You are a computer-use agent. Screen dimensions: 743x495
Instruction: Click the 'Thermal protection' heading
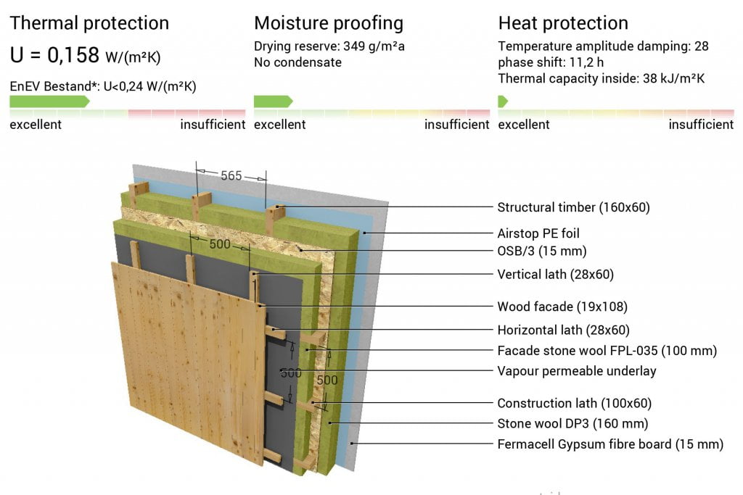pos(89,23)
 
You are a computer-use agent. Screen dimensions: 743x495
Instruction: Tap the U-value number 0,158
pos(73,55)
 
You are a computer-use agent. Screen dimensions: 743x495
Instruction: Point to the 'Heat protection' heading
pos(563,23)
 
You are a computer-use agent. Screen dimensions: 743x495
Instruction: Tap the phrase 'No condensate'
pos(297,62)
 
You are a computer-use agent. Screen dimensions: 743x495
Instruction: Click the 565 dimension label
pos(231,175)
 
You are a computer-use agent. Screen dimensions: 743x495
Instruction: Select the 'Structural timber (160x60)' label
pos(573,207)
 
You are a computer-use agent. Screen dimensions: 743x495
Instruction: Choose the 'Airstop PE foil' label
pos(538,233)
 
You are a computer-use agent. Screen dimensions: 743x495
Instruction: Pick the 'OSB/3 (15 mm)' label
pos(541,251)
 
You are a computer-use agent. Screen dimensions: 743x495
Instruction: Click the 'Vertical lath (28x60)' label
pos(555,275)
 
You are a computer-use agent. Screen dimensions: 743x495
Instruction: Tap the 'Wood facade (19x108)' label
pos(562,307)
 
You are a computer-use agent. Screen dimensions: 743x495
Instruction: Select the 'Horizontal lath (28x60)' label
pos(563,330)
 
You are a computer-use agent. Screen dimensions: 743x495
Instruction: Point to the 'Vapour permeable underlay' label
pos(577,371)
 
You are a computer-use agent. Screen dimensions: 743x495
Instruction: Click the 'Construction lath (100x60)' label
pos(575,403)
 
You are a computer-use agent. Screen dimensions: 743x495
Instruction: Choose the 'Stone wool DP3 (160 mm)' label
pos(572,423)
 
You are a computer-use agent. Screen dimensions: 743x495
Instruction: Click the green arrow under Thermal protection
pos(50,101)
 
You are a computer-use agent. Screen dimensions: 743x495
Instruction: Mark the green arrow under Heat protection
pos(503,101)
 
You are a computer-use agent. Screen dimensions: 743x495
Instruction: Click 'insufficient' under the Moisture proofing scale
pos(457,125)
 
